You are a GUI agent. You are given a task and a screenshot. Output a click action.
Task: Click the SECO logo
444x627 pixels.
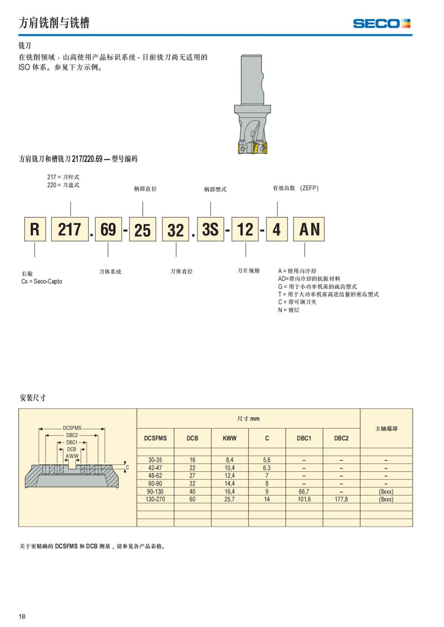(381, 24)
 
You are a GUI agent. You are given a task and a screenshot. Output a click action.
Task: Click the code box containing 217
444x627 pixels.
(70, 229)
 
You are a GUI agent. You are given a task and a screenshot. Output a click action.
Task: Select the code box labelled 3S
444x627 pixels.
(211, 229)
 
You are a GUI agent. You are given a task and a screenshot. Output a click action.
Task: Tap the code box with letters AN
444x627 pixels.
(309, 229)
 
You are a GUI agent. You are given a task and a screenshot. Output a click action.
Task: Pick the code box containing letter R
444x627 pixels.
(35, 229)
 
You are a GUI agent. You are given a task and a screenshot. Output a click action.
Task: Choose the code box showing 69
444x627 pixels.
(108, 229)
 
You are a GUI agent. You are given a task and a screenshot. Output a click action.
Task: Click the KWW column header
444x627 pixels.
(229, 438)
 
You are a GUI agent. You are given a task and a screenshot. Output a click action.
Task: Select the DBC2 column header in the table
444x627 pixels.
(341, 438)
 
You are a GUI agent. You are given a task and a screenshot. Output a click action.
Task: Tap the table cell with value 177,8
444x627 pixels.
(341, 499)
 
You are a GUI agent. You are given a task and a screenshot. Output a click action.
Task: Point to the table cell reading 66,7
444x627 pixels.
(304, 491)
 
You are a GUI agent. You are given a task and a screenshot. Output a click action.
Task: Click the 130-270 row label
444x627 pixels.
(155, 499)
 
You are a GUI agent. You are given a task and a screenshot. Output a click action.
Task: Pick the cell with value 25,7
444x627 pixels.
(229, 499)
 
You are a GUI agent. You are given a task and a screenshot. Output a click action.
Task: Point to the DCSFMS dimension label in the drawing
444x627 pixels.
(72, 428)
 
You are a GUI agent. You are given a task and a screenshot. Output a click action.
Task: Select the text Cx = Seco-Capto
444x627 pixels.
(42, 281)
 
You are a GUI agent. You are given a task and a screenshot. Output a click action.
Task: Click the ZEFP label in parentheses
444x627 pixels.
(309, 188)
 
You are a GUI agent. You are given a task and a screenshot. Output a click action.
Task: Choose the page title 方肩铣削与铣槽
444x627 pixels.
(54, 23)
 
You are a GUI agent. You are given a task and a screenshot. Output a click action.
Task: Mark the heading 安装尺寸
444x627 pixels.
(33, 398)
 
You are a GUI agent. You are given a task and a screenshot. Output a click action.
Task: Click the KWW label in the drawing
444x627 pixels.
(72, 456)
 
